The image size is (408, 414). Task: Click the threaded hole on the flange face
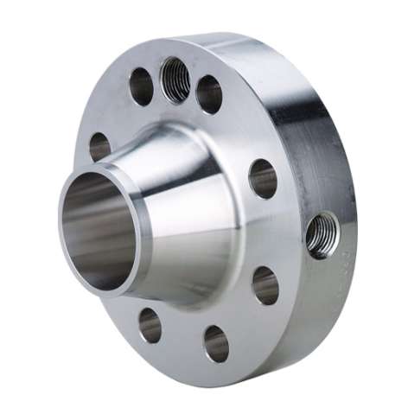click(x=175, y=79)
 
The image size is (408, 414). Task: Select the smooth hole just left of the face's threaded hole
click(x=141, y=86)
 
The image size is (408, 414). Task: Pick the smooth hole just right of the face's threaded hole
click(x=209, y=94)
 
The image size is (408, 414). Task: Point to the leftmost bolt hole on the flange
click(x=100, y=146)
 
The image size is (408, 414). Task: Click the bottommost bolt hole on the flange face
click(x=216, y=343)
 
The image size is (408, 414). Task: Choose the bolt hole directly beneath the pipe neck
click(x=150, y=325)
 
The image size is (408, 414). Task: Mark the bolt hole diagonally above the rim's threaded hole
click(x=263, y=178)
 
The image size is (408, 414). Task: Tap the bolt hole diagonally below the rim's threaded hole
click(x=265, y=285)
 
